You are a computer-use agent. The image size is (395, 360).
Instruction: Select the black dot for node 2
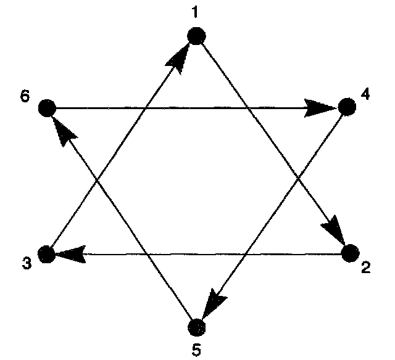tap(349, 252)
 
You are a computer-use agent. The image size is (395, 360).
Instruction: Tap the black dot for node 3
tap(46, 253)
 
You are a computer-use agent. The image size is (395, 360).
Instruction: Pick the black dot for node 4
tap(347, 108)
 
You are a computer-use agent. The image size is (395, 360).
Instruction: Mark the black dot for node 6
tap(46, 109)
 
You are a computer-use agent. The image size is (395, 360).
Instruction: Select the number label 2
tap(366, 268)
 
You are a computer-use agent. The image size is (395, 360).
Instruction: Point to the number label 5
tap(196, 350)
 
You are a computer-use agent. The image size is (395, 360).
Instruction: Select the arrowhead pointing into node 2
tap(335, 230)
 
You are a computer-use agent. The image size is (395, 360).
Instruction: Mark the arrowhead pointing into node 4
tap(321, 109)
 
